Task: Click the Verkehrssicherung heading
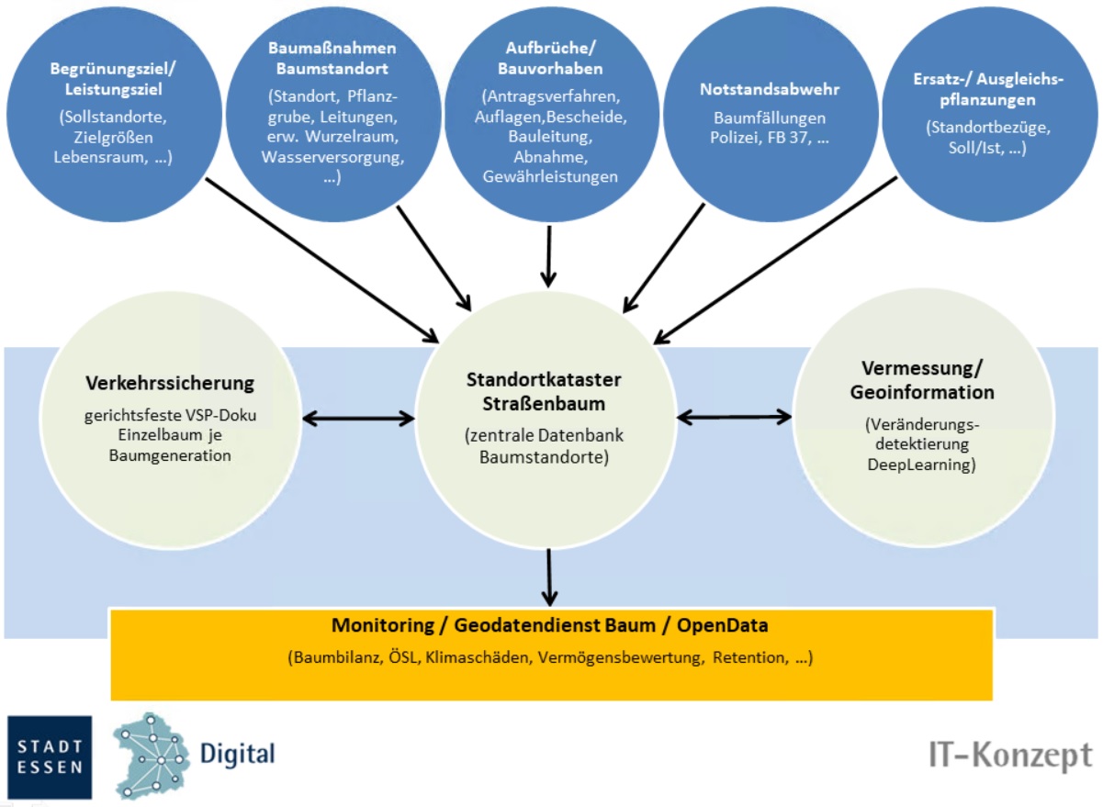pos(170,383)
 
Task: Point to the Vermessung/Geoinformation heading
pos(928,380)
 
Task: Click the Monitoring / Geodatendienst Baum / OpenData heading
pos(550,626)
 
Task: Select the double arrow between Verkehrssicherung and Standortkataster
pos(359,419)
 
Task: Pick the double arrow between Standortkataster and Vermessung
pos(734,418)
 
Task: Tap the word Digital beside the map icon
pos(237,755)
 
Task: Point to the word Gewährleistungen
pos(550,177)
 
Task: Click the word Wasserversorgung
pos(332,158)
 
